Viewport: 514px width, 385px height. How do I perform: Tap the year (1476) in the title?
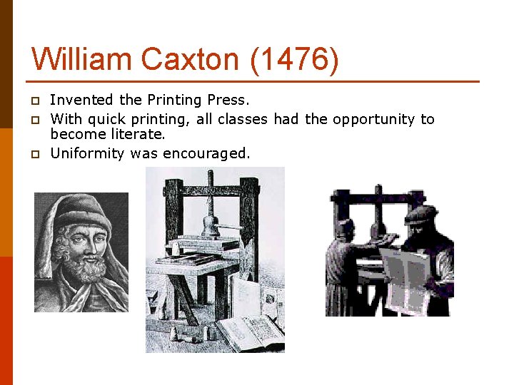coord(294,60)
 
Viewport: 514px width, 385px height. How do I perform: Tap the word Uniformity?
coord(88,153)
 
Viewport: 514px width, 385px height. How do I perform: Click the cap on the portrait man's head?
coord(84,210)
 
